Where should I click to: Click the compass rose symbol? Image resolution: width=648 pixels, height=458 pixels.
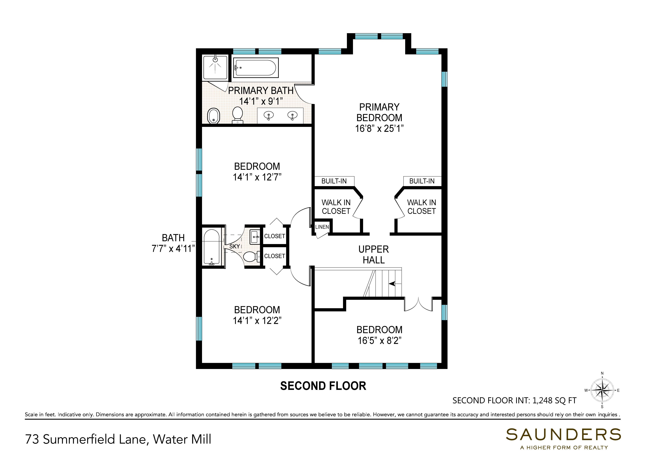coord(602,390)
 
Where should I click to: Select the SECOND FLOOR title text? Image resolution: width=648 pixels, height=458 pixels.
coord(323,386)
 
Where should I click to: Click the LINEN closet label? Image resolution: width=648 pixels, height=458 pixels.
coord(322,227)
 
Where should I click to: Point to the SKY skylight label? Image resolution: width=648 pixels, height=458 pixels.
coord(235,246)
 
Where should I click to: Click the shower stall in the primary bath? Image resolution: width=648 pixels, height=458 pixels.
coord(215,68)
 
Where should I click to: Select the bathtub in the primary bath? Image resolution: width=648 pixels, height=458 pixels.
coord(256,68)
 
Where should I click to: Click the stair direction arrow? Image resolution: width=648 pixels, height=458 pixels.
coord(395,284)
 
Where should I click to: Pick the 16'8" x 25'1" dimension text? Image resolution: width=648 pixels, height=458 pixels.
coord(379,129)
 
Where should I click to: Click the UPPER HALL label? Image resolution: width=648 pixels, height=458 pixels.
coord(374,255)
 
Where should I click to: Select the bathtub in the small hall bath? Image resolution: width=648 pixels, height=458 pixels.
coord(212,247)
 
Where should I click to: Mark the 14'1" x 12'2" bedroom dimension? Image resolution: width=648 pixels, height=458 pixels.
coord(257,321)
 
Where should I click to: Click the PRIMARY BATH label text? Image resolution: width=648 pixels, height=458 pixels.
coord(261,91)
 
